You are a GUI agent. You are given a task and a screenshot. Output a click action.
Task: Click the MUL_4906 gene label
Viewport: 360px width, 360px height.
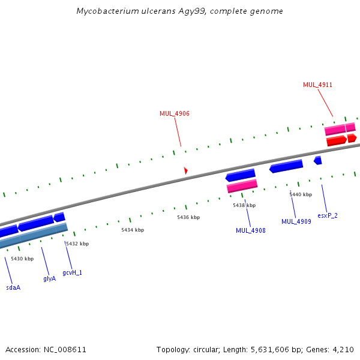(x=175, y=113)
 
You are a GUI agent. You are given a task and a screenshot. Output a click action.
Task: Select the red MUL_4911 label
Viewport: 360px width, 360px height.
(x=317, y=85)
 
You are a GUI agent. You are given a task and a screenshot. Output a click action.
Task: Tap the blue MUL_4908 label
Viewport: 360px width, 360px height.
(x=251, y=230)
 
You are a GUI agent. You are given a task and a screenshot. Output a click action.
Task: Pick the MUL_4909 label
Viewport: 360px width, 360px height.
(x=296, y=221)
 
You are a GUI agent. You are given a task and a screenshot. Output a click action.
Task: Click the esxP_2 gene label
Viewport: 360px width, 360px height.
(x=328, y=215)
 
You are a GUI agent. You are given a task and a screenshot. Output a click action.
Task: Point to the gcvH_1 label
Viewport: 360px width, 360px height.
(x=72, y=272)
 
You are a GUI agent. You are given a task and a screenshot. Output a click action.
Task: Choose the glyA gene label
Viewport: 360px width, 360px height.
(x=50, y=278)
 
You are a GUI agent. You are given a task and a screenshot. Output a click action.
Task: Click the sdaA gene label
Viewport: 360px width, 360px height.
(x=13, y=287)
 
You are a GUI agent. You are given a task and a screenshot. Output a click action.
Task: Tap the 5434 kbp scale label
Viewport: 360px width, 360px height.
(x=133, y=230)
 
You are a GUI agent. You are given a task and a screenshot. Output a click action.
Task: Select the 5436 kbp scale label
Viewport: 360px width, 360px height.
(x=188, y=217)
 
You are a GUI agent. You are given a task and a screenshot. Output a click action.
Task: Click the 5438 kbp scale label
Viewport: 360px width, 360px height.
(x=244, y=205)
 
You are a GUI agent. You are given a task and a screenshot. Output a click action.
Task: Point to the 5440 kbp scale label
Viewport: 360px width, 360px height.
(x=301, y=194)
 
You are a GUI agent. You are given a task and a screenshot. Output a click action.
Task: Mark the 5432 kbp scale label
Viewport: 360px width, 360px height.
(x=77, y=244)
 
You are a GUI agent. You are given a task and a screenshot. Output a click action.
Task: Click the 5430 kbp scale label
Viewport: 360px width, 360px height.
(x=22, y=259)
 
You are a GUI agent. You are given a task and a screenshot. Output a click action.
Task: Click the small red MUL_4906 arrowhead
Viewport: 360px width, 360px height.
(x=186, y=171)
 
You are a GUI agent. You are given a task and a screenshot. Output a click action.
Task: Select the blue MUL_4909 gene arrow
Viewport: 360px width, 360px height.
(x=286, y=166)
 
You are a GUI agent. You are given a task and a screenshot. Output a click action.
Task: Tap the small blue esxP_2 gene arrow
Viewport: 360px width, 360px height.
(x=318, y=160)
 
